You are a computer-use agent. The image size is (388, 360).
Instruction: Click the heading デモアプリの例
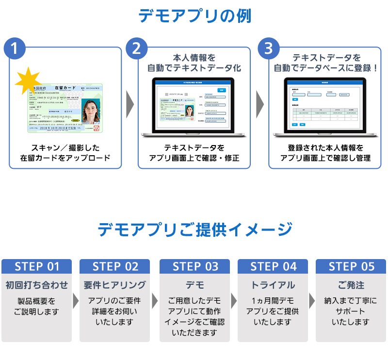point(194,16)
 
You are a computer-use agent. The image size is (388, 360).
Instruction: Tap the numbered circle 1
point(16,49)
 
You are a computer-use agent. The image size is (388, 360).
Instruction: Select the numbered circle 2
point(137,49)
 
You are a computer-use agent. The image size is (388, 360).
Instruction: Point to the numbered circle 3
point(268,49)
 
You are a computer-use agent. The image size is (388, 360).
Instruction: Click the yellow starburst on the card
point(28,82)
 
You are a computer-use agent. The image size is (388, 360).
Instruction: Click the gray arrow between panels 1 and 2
point(130,103)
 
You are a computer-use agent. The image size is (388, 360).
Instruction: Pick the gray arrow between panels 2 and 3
point(260,103)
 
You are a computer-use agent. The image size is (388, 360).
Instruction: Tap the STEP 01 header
point(37,266)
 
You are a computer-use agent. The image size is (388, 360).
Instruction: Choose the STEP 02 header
point(115,266)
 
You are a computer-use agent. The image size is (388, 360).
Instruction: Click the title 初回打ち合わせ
point(37,285)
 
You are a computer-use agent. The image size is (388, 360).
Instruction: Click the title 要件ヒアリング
point(115,285)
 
